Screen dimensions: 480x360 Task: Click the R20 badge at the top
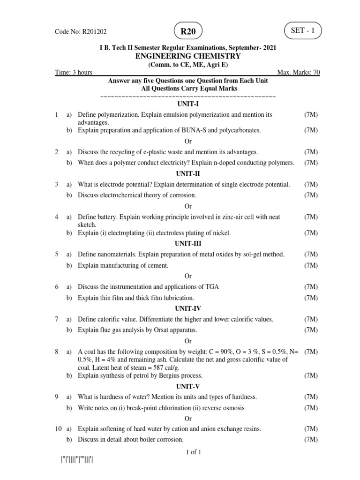coord(188,31)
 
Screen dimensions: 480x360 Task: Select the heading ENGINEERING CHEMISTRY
coord(188,56)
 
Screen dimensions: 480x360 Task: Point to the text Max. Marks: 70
coord(299,73)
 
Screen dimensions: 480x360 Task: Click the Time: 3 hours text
coord(74,73)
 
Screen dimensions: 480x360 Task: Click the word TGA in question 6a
coord(211,286)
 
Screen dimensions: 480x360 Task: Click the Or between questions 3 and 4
coord(188,206)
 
